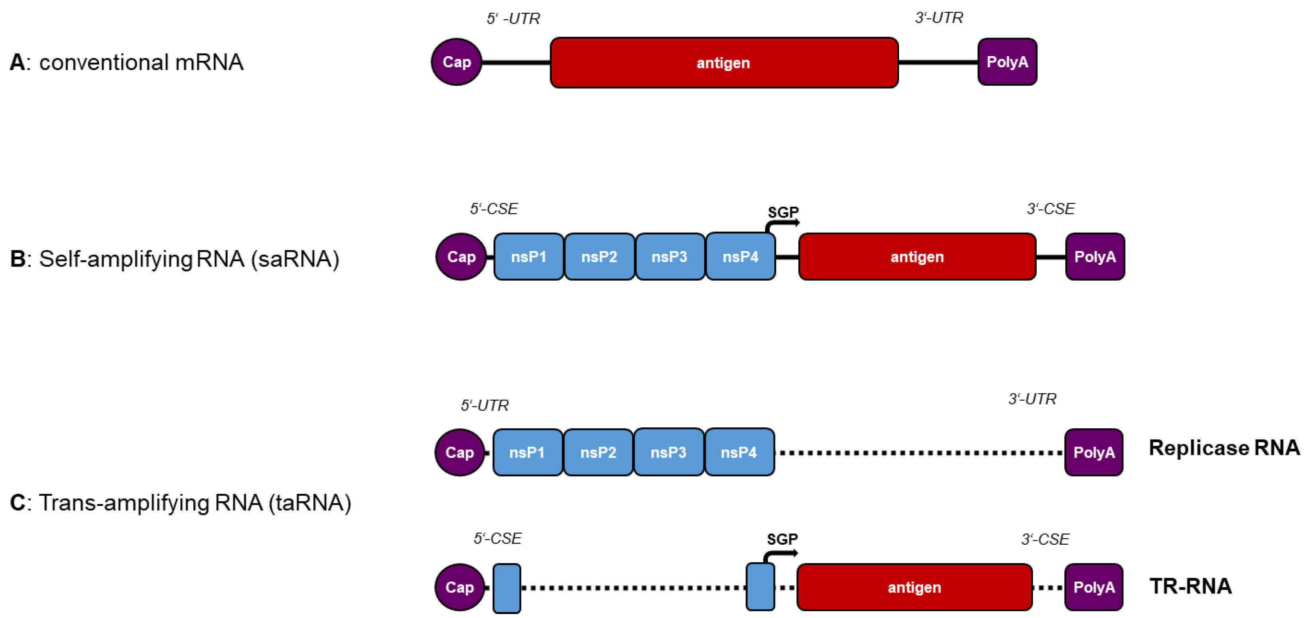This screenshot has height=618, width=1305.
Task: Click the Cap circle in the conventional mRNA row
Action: pos(457,62)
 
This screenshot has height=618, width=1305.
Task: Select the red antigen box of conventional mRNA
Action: pos(724,63)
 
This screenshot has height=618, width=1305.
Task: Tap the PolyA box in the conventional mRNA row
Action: pos(1007,62)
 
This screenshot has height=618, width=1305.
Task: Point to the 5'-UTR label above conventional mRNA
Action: pos(513,19)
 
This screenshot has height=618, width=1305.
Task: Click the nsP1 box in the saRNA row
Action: pos(528,257)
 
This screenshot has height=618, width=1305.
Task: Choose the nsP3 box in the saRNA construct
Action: pos(669,257)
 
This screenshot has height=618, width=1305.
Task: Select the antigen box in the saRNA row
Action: pos(917,257)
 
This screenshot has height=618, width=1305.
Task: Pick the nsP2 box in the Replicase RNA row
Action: pos(598,452)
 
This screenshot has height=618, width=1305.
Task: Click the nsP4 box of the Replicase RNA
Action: pos(739,452)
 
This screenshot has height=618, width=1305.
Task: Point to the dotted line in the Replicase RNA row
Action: pos(919,453)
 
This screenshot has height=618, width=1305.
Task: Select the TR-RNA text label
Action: pos(1191,586)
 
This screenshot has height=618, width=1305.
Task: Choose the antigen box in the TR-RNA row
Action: pos(914,587)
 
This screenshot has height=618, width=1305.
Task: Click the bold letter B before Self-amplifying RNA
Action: pos(17,259)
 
